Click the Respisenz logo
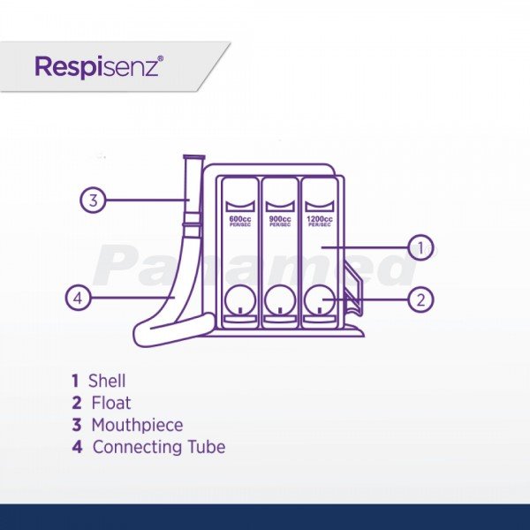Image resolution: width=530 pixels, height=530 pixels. coord(98,66)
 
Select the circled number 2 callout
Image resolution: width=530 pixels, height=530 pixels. coord(420,299)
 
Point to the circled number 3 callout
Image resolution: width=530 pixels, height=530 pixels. coord(93,200)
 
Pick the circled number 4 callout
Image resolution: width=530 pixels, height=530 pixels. coord(79,299)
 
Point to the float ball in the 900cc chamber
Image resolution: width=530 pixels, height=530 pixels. coord(280,302)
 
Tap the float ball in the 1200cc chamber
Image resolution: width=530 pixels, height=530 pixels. coord(320,302)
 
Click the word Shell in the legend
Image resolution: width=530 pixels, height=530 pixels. coord(107,382)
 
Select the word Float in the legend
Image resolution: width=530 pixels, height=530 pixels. coord(110,404)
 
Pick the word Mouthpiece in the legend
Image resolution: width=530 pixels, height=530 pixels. coord(137,425)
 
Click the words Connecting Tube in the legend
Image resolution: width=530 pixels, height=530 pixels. coord(159,447)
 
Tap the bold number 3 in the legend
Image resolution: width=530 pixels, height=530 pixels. coord(77,425)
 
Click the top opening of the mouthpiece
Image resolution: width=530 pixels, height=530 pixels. coord(192,157)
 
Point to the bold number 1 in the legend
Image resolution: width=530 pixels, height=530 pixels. coord(76,382)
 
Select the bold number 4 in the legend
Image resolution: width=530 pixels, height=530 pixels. coord(77,447)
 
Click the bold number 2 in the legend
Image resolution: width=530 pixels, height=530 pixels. coord(77,404)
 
